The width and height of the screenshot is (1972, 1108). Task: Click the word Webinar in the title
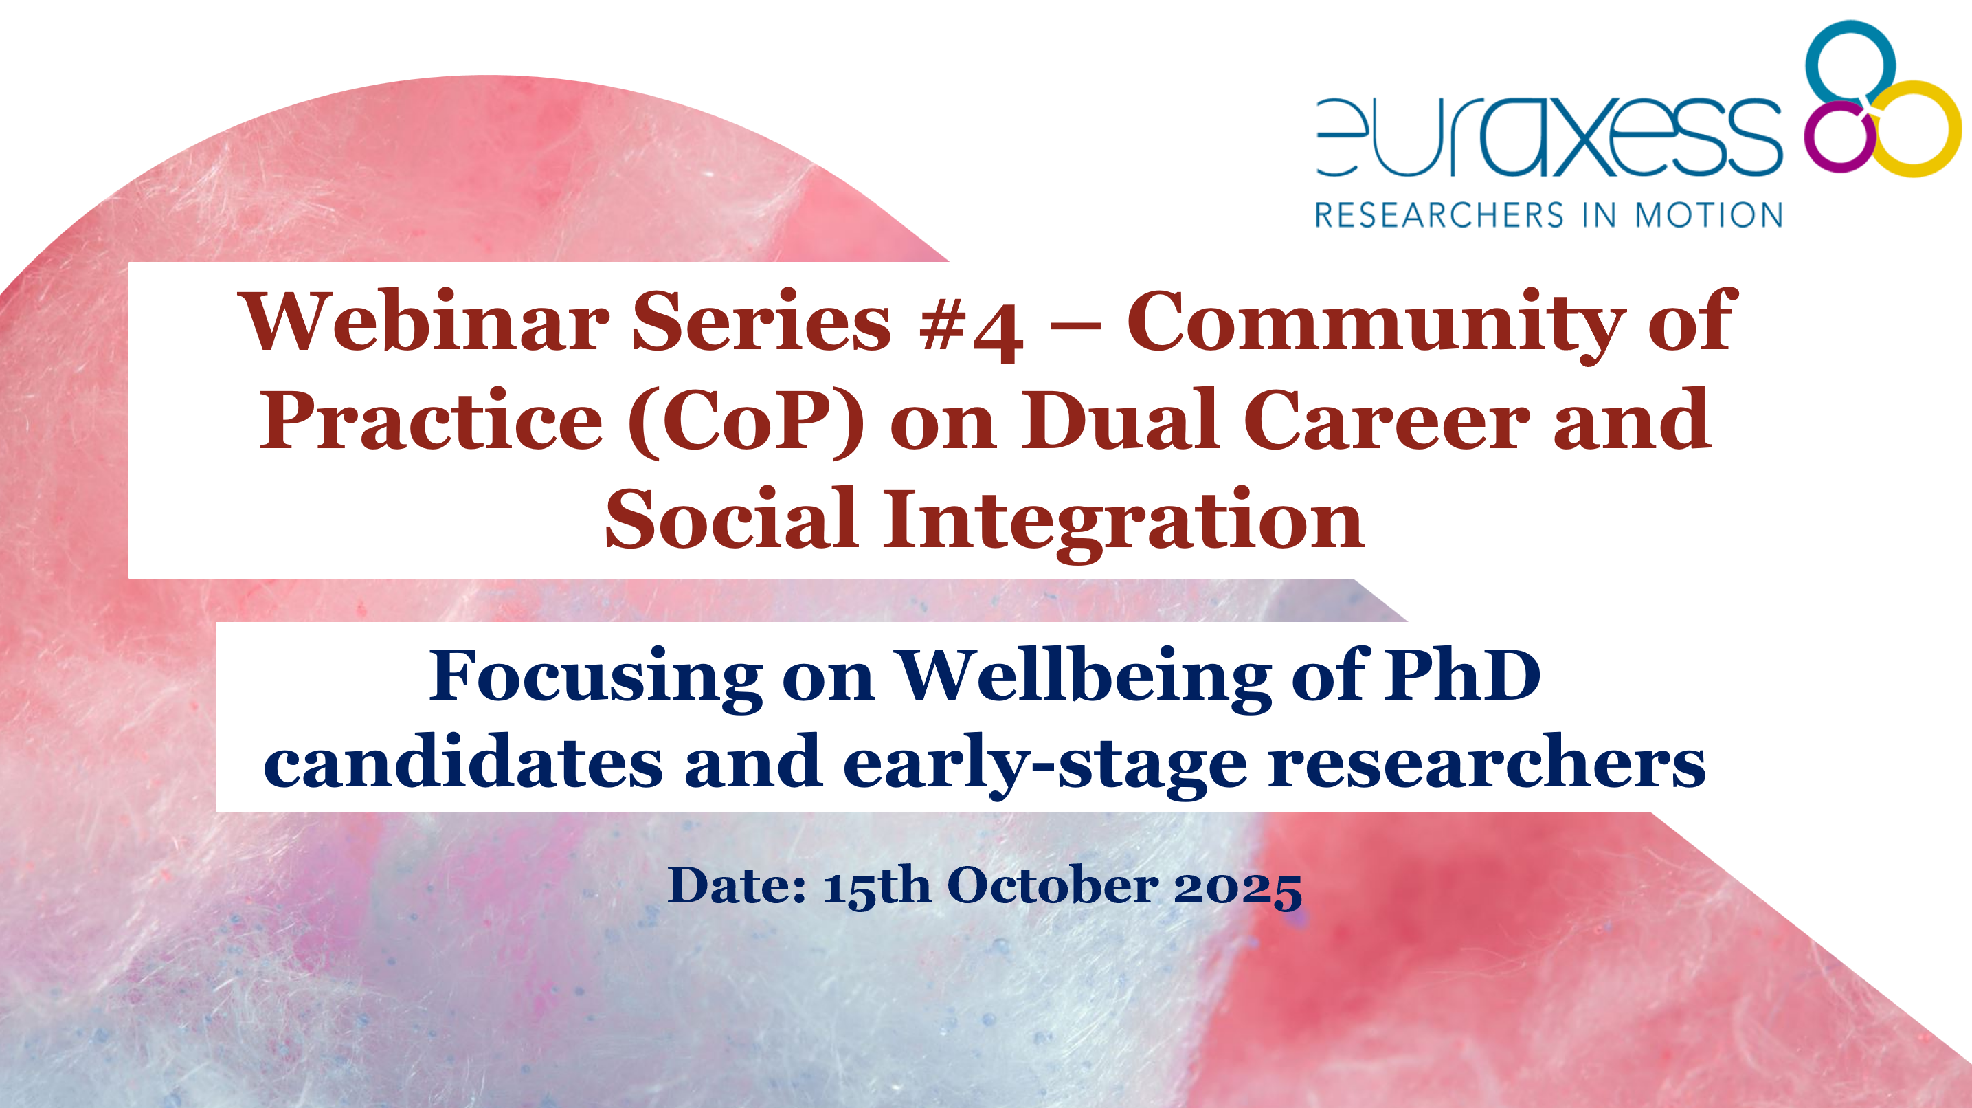(x=425, y=322)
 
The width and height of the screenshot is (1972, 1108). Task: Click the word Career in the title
(x=1387, y=421)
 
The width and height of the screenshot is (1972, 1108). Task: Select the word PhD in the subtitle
(x=1462, y=674)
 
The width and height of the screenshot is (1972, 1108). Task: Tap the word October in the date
(x=1053, y=886)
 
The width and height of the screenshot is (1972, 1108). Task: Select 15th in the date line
(x=877, y=887)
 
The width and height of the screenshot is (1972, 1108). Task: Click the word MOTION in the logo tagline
(x=1710, y=215)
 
